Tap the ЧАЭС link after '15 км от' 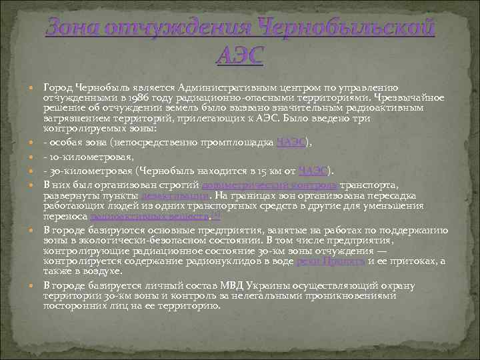coord(313,171)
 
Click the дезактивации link coord(175,196)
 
